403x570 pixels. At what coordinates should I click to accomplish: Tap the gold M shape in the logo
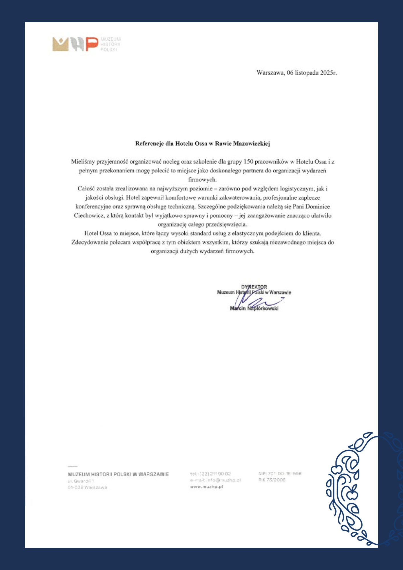[60, 44]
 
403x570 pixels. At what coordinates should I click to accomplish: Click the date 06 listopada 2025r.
[312, 73]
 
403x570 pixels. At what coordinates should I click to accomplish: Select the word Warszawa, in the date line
[270, 73]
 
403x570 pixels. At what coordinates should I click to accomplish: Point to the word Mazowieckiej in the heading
[251, 144]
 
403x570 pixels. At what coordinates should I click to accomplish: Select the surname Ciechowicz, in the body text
[89, 215]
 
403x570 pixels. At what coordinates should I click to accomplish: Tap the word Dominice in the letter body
[317, 207]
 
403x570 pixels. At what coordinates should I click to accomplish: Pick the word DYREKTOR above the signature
[254, 287]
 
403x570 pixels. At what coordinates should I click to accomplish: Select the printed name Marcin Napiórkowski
[254, 308]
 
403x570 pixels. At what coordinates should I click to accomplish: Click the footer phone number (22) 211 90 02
[215, 474]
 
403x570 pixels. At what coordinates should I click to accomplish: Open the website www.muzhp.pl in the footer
[206, 486]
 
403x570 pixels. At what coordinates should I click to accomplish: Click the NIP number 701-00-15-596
[284, 473]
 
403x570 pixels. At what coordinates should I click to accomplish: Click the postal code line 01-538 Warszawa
[87, 487]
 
